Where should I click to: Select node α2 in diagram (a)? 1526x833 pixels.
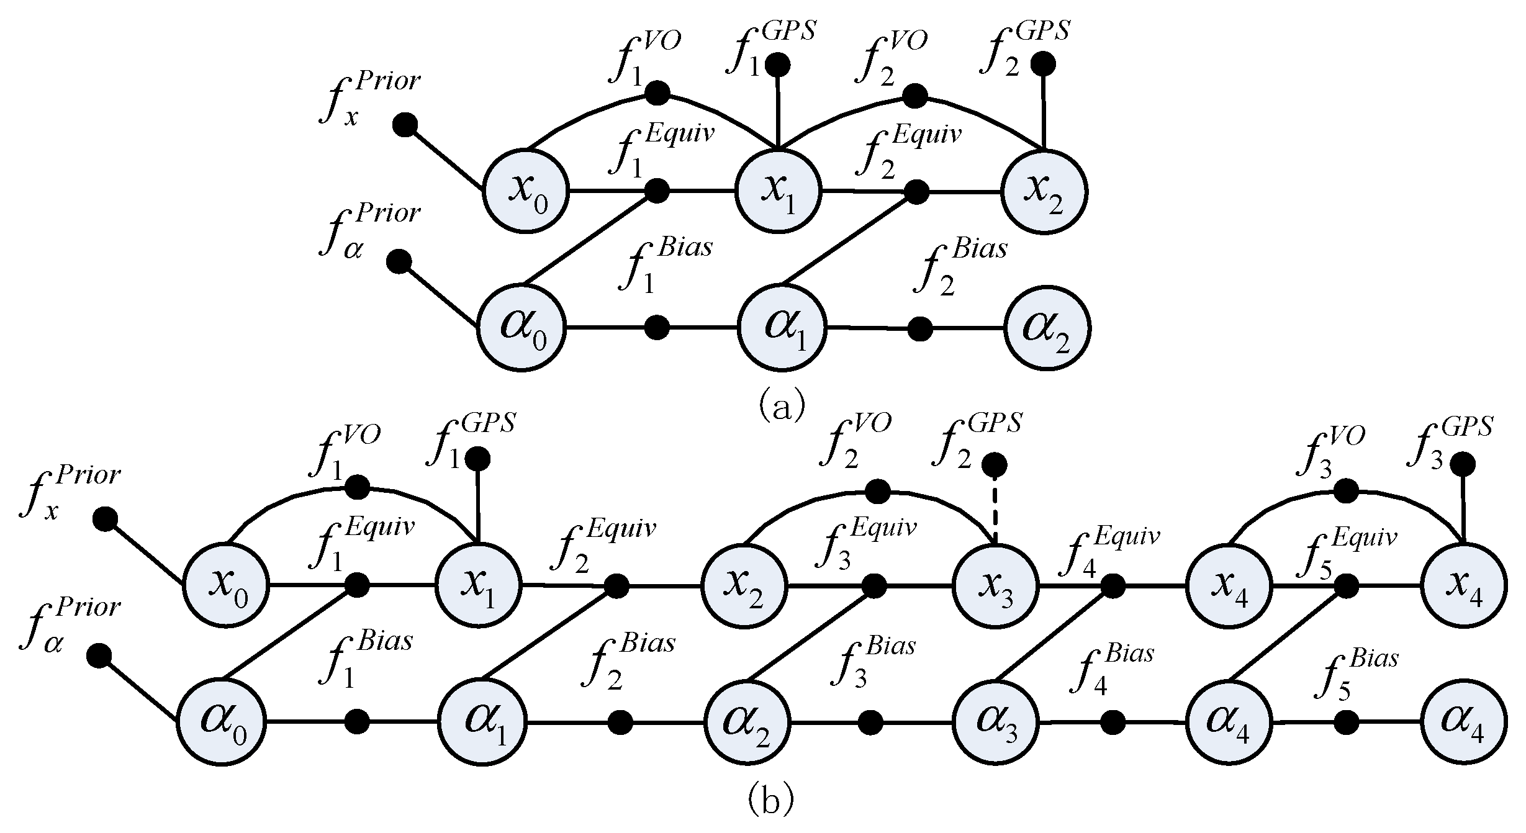click(1047, 328)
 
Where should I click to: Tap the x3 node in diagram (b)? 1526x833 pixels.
click(995, 585)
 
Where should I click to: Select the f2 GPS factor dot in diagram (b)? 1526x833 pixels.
click(995, 465)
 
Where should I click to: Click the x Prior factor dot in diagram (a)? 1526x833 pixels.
click(405, 124)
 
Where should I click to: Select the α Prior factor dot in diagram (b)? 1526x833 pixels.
click(99, 655)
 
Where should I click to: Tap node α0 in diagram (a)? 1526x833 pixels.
click(521, 328)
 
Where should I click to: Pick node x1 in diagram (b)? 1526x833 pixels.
click(478, 585)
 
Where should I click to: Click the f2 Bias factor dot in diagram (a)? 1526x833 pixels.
click(919, 328)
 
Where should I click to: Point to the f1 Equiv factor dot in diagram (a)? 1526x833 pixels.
click(657, 191)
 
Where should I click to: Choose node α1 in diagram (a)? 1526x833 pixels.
click(782, 328)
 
